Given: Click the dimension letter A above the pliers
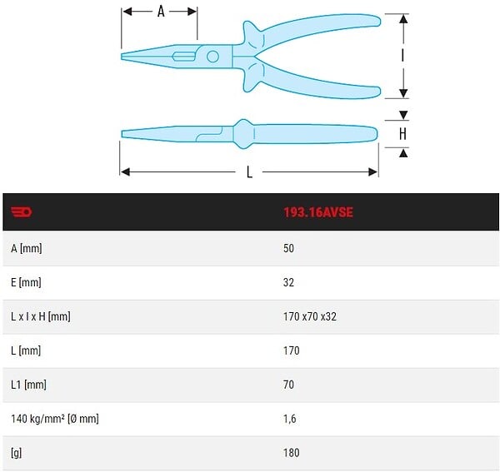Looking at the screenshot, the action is point(161,12).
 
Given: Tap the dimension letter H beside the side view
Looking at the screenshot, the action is point(402,134).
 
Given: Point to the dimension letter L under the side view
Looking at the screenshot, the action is point(249,172).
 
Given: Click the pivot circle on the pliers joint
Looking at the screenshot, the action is point(212,57).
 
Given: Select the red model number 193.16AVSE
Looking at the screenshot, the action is point(318,212).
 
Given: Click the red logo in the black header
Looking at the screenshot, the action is point(22,211).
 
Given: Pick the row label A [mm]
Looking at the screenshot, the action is point(27,248).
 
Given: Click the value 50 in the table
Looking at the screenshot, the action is point(288,248).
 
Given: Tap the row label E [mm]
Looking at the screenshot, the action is point(26,282).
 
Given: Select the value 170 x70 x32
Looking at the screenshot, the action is point(310,316).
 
